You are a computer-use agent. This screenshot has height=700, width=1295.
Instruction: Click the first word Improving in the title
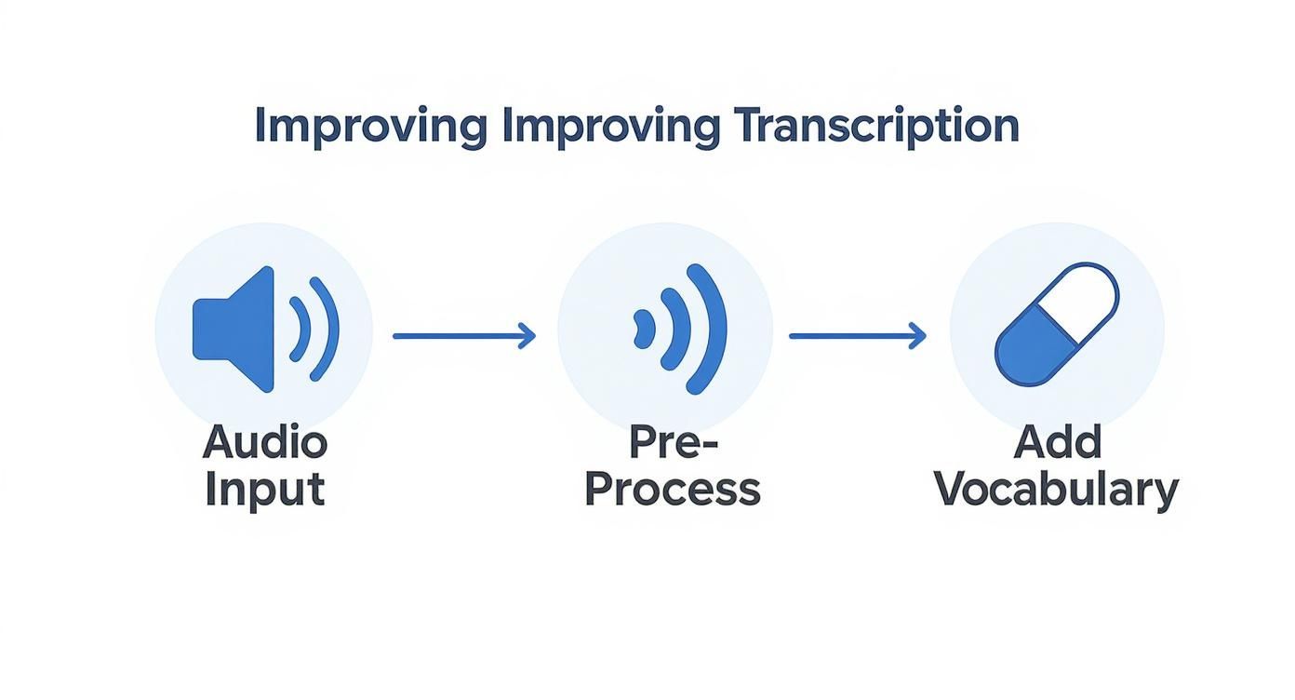(369, 127)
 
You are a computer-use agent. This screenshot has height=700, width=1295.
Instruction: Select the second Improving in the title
(610, 127)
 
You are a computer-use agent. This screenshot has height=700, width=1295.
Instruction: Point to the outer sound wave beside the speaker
(327, 329)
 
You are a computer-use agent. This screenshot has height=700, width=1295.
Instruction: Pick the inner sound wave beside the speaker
(300, 330)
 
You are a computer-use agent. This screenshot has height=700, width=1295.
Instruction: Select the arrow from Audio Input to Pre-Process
(463, 335)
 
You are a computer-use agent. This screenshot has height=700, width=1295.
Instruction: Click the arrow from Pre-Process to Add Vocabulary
(857, 335)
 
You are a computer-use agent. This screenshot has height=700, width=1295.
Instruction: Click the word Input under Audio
(264, 490)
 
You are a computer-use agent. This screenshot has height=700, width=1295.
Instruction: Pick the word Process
(672, 490)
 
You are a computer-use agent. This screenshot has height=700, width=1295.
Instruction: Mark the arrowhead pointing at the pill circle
(917, 335)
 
